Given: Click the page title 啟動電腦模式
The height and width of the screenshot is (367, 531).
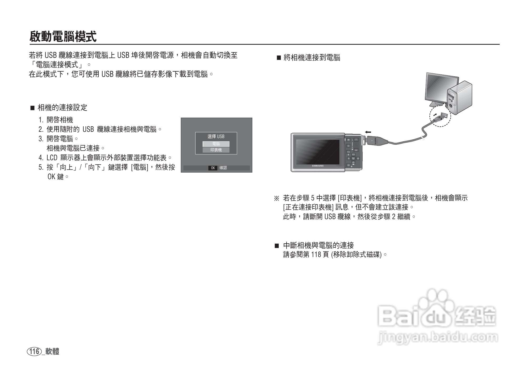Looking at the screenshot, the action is pos(63,36).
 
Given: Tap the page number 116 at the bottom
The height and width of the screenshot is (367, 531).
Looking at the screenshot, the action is pos(34,351).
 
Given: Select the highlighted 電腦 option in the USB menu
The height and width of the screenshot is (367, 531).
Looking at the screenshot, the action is pos(216,144).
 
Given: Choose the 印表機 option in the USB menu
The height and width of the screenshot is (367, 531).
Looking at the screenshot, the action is pos(216,150).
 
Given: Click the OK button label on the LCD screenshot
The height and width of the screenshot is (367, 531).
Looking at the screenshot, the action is pos(213,168).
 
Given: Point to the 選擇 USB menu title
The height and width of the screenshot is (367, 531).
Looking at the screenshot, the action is pos(216,137).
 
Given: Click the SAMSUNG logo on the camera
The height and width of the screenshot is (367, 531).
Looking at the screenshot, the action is pos(318,166).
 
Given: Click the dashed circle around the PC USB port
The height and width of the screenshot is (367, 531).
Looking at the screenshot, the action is pos(440,116).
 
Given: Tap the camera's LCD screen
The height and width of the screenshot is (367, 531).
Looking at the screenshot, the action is pos(318,152).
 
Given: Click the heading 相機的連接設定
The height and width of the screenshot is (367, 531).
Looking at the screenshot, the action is pos(62,108).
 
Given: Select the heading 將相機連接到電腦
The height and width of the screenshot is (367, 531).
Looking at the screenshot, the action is pos(312,58).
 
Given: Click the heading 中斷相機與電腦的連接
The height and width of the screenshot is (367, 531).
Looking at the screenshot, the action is pos(318,245).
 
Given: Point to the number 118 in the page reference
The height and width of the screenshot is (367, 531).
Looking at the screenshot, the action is pos(315,255).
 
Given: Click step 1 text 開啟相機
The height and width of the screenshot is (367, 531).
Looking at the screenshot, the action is pos(60,120).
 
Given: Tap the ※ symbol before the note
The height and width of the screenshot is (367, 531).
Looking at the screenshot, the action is pos(277,198).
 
